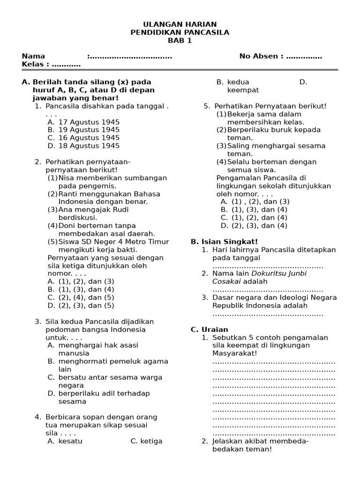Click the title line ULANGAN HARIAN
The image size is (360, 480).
180,24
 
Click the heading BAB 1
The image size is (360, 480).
180,40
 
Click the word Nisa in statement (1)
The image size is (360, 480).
66,178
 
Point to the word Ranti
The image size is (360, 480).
68,194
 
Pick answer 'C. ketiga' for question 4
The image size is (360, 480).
147,441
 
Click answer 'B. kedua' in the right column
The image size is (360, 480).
231,82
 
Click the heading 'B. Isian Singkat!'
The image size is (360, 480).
224,241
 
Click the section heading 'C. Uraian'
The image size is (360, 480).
209,330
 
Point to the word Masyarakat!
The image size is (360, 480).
234,353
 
